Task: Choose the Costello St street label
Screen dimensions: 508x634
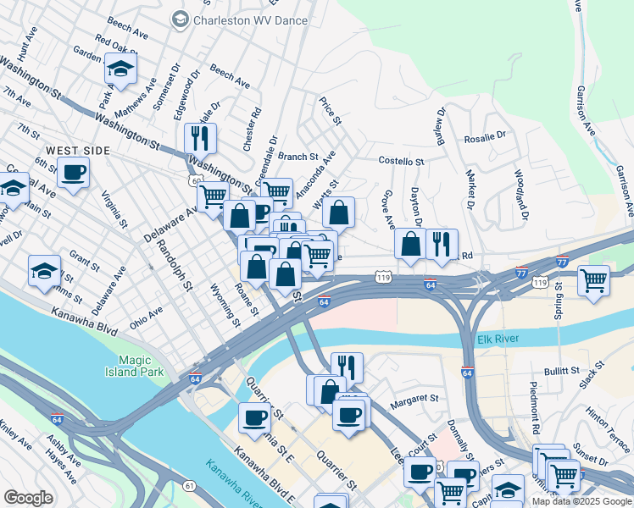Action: tap(401, 161)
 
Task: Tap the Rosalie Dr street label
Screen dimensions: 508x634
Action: tap(484, 135)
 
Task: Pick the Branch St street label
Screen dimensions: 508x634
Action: tap(298, 157)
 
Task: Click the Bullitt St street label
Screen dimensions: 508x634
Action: tap(561, 371)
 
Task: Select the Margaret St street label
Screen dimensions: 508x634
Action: tap(414, 397)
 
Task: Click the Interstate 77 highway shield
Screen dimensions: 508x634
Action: tap(562, 263)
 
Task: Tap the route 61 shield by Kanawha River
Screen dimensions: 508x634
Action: tap(187, 485)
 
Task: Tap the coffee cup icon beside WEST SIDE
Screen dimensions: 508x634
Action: tap(73, 173)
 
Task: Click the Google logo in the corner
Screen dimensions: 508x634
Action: tap(29, 498)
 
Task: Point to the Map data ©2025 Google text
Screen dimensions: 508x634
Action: tap(581, 501)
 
